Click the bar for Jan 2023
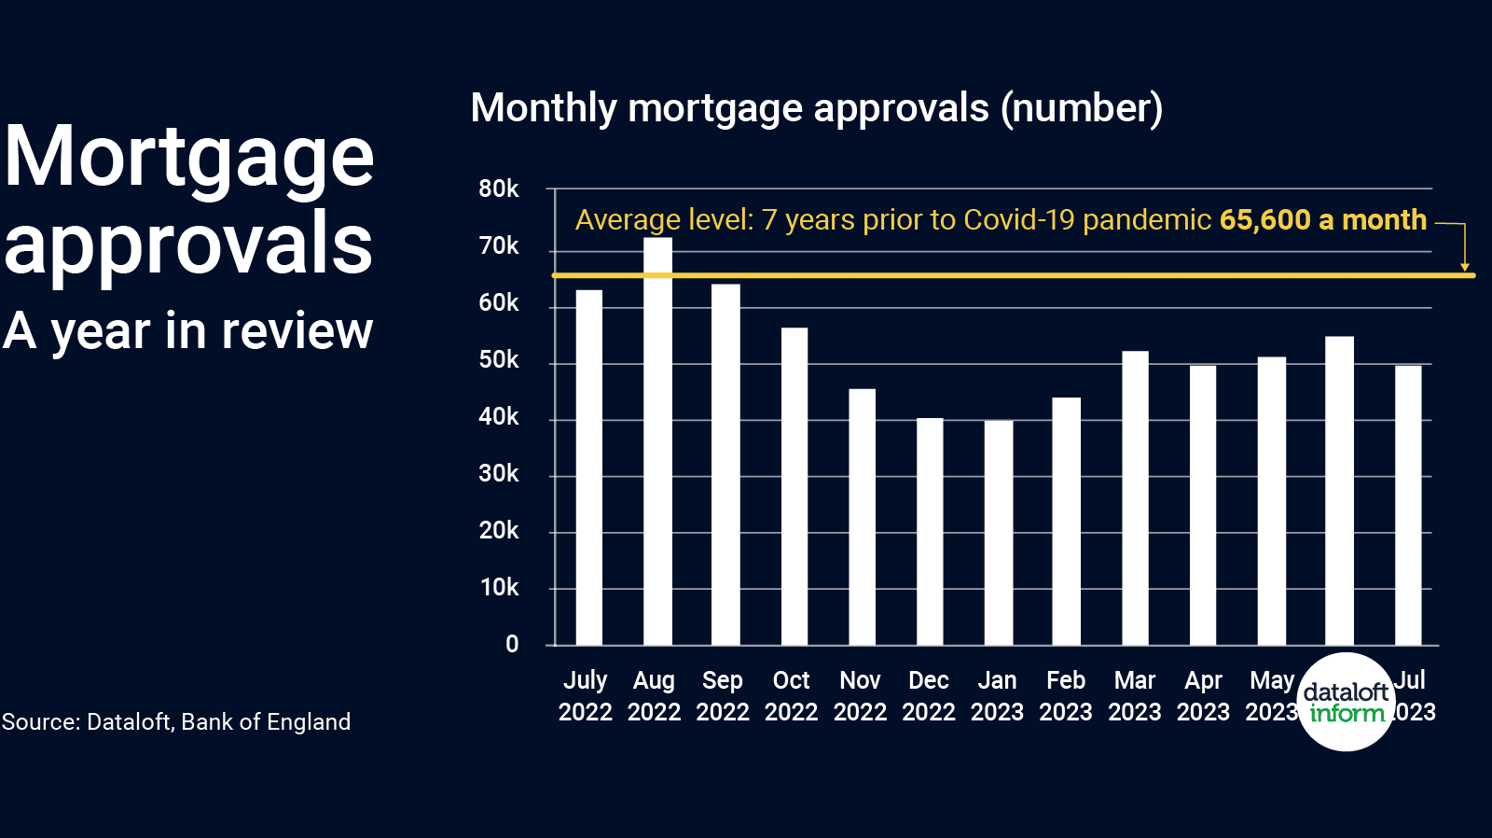click(x=998, y=533)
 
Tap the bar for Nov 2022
click(x=862, y=517)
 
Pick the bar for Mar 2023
click(x=1135, y=498)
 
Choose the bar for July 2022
click(x=588, y=468)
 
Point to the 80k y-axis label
click(x=498, y=189)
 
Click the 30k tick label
click(x=498, y=474)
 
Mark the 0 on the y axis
click(x=511, y=644)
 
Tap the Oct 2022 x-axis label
click(x=791, y=696)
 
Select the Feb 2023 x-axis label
click(x=1066, y=696)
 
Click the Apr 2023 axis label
click(x=1203, y=696)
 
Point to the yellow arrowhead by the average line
click(x=1465, y=267)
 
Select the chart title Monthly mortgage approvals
click(x=816, y=108)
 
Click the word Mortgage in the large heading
click(x=189, y=157)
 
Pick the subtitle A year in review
click(x=187, y=331)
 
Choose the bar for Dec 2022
click(x=930, y=531)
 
